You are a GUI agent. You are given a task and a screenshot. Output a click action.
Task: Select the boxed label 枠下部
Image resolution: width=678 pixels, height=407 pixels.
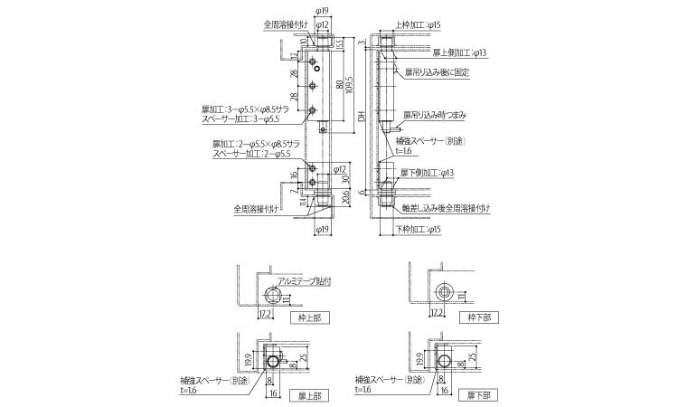pyautogui.click(x=476, y=317)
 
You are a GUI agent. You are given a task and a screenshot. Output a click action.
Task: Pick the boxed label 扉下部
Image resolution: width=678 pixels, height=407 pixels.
pyautogui.click(x=476, y=395)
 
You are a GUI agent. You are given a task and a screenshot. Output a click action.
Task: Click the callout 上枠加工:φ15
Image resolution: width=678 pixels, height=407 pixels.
pyautogui.click(x=419, y=26)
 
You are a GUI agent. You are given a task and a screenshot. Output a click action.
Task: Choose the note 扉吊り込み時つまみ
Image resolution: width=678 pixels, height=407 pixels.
pyautogui.click(x=436, y=115)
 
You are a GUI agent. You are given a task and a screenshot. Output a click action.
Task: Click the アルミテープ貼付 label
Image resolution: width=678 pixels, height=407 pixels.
pyautogui.click(x=304, y=281)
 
